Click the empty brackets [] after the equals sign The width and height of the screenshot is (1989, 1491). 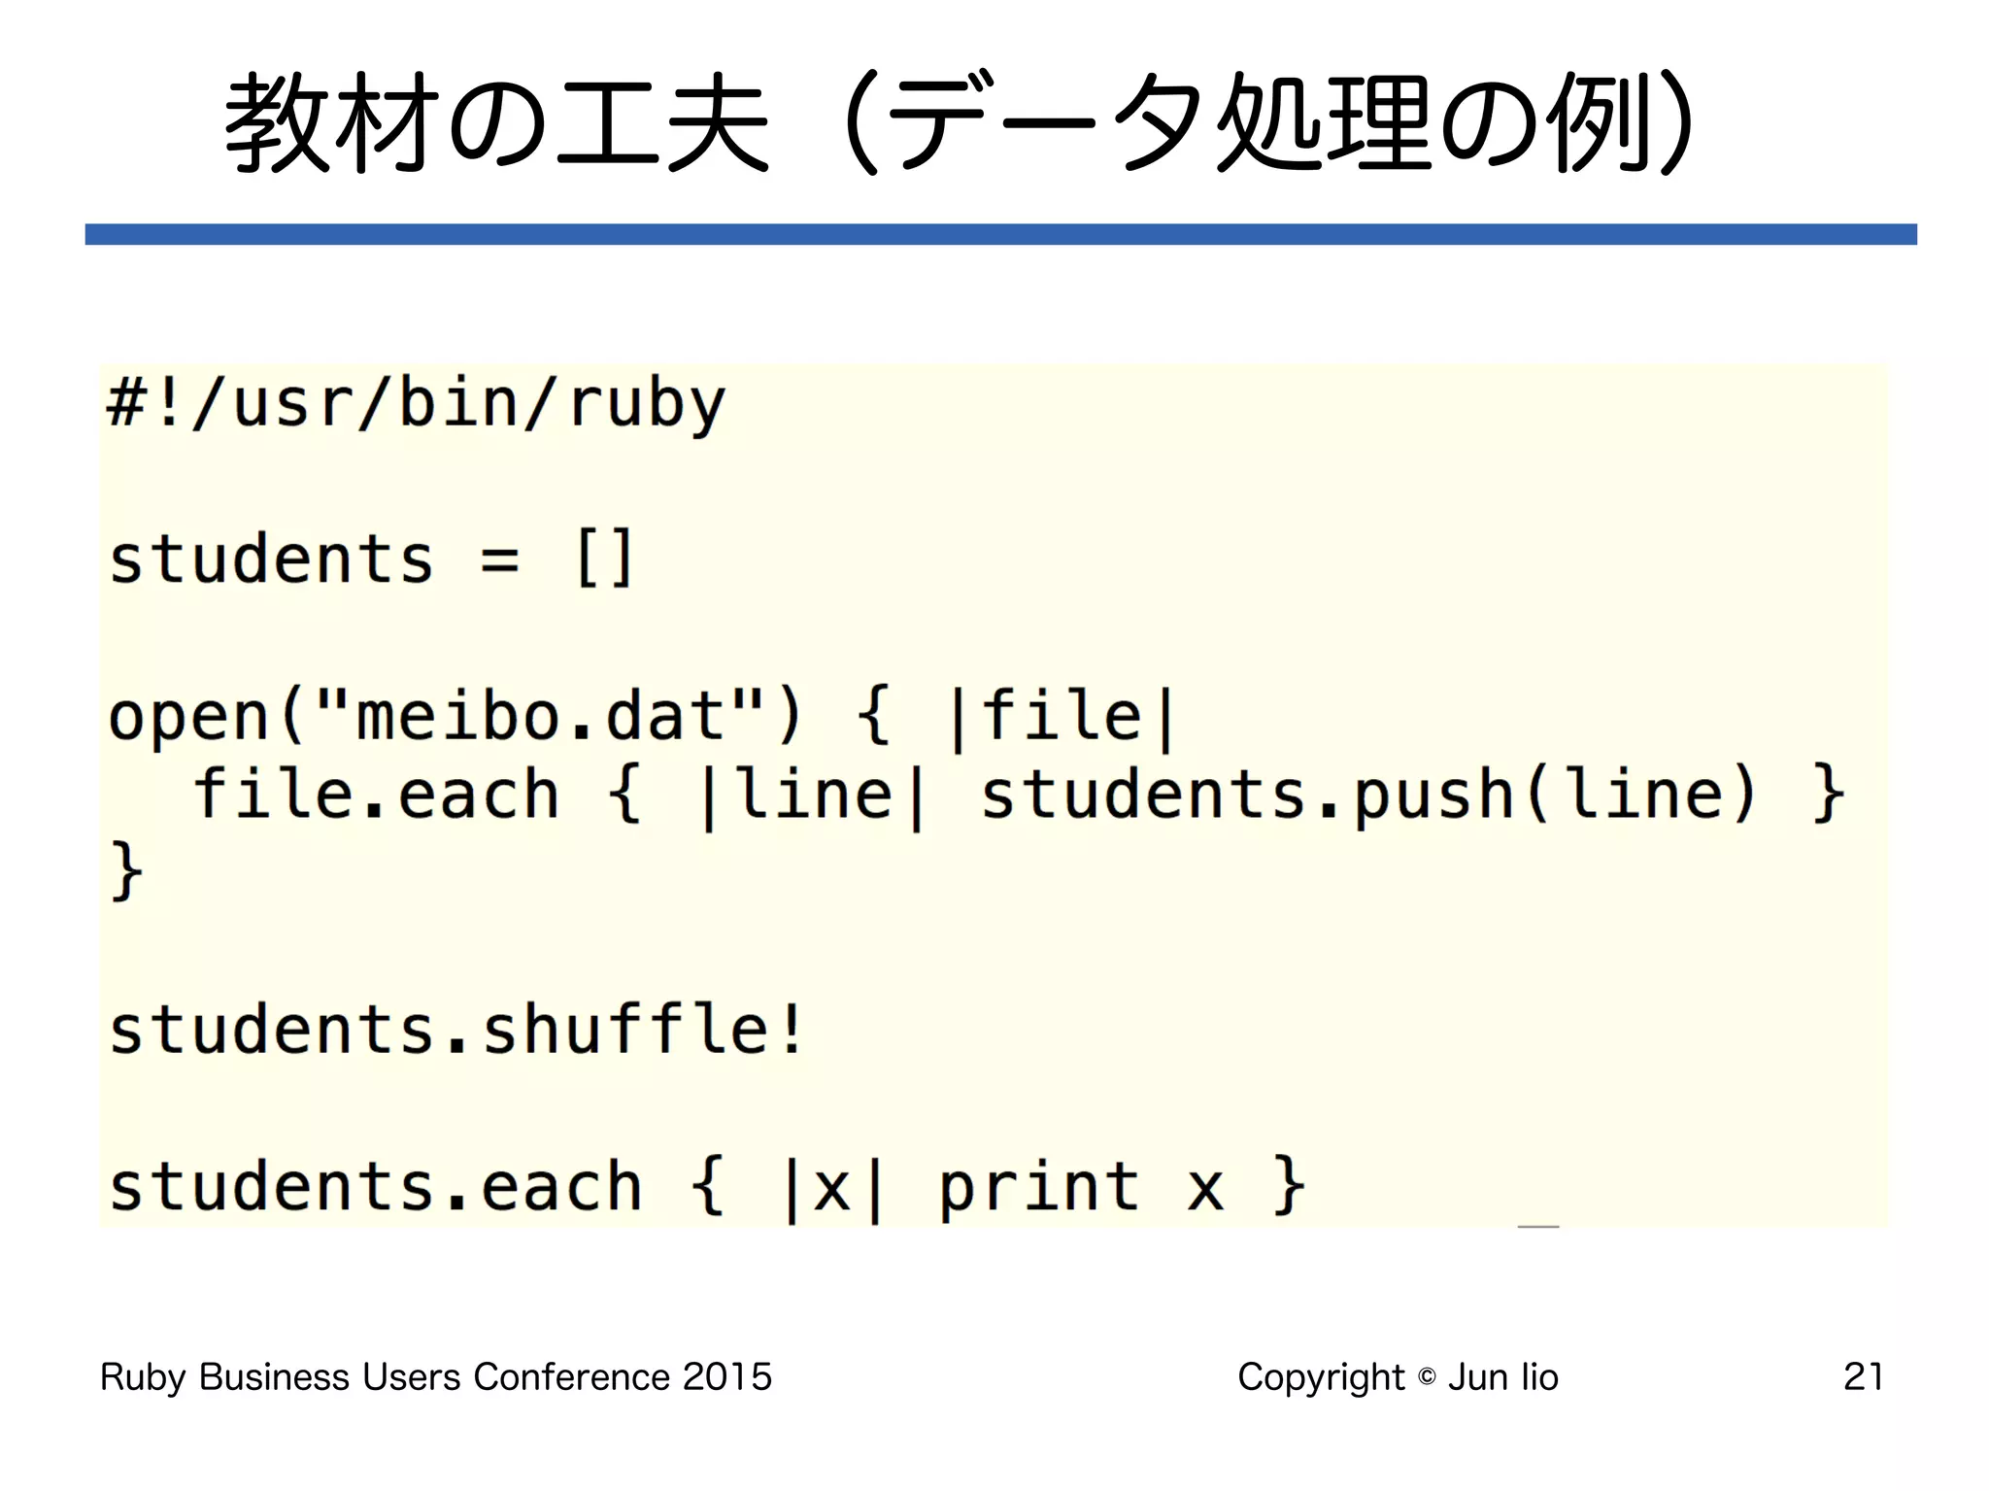[x=604, y=559]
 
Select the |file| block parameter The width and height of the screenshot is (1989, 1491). [x=1061, y=717]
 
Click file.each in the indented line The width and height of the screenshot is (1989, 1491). [x=377, y=795]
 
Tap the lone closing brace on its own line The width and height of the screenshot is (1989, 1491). [x=126, y=870]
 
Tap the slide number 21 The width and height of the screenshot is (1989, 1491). [x=1863, y=1376]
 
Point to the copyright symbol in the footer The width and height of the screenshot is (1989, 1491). [x=1427, y=1377]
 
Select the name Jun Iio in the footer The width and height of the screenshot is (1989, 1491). [x=1503, y=1376]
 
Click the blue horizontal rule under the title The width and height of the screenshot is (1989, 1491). [x=1000, y=234]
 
